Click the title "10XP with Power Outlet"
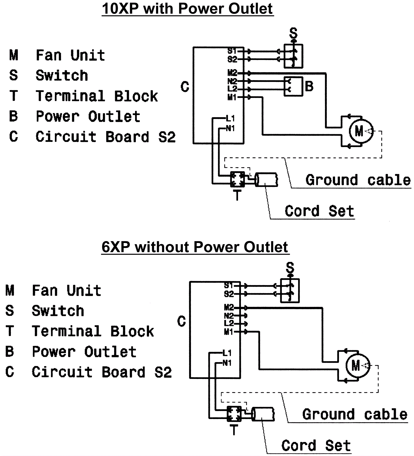pos(187,9)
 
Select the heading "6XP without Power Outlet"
pos(195,247)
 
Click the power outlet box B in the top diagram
pos(293,86)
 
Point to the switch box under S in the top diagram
pos(293,56)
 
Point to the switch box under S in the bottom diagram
pos(290,291)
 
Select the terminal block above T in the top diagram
pos(237,179)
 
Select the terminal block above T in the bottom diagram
pos(234,414)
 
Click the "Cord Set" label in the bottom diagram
pos(316,445)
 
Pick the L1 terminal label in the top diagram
pos(230,119)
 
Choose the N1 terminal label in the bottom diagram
pos(227,363)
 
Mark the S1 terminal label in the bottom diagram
pos(228,286)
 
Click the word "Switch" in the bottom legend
pos(58,311)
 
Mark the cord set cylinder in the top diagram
pos(266,180)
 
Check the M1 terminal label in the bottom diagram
pos(228,332)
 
